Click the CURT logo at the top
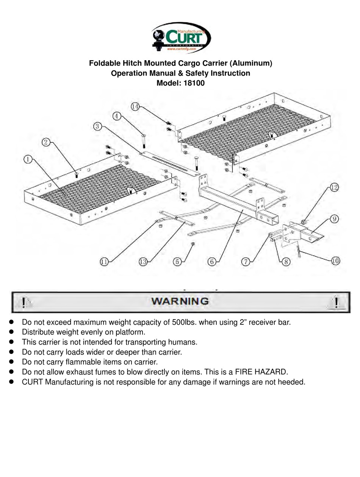click(180, 38)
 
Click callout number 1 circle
click(28, 159)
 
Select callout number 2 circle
click(46, 142)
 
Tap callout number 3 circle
click(97, 126)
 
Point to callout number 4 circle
click(117, 116)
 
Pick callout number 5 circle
click(177, 261)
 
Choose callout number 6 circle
click(211, 261)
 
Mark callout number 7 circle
click(246, 261)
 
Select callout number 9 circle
click(334, 219)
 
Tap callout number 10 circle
click(335, 260)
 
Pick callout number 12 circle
click(334, 187)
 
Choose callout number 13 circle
click(143, 261)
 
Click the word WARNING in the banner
click(180, 301)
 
